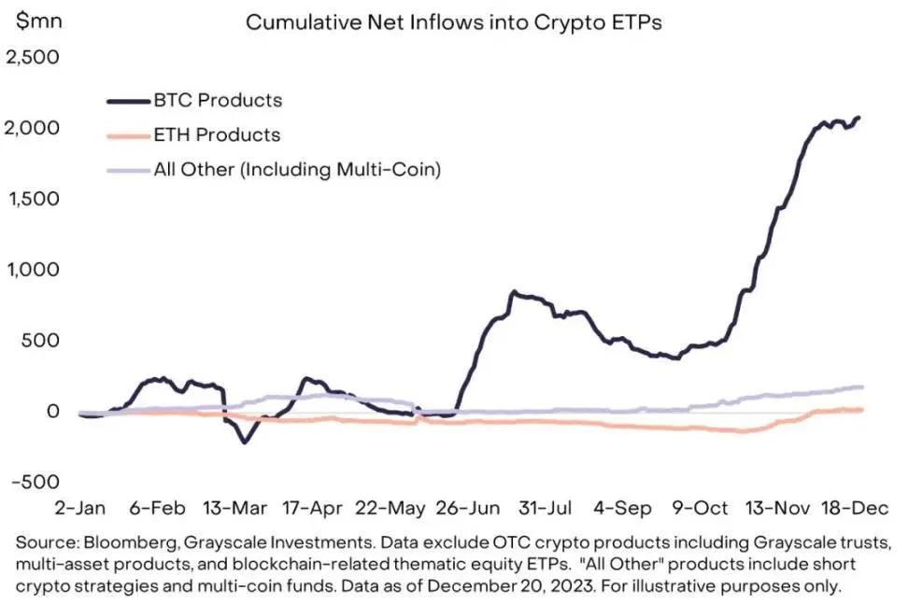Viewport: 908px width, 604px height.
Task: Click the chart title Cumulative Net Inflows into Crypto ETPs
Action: (453, 23)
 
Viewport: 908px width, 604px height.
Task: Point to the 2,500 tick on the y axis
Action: (34, 57)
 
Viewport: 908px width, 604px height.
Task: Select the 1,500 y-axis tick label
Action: (34, 199)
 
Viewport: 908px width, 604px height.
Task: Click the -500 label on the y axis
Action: (34, 482)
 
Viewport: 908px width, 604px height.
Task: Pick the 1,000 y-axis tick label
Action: (34, 270)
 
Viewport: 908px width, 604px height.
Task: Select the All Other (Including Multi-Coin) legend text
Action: (298, 170)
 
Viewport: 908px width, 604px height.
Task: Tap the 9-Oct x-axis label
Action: (701, 508)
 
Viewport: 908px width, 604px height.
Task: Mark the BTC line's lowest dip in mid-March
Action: (245, 442)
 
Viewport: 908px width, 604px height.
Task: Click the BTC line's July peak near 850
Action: (512, 292)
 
